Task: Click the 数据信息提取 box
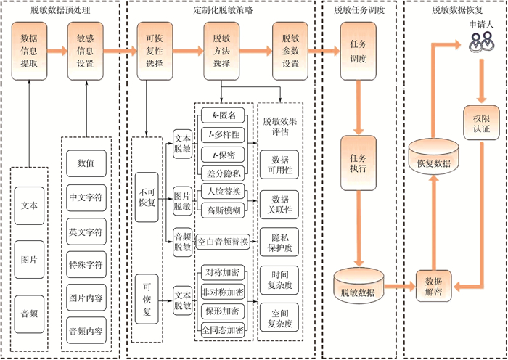coord(30,50)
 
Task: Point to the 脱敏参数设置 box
coord(291,50)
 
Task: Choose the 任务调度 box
coord(359,50)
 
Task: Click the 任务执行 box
coord(359,163)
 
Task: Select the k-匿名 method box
coord(224,114)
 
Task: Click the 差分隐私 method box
coord(224,173)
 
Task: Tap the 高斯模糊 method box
coord(224,211)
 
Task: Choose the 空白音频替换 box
coord(223,241)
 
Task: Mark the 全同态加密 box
coord(223,329)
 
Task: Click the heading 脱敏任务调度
coord(359,10)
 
